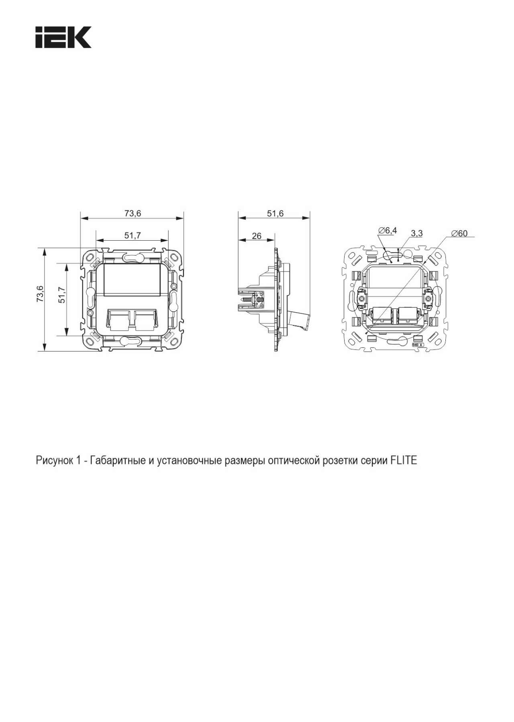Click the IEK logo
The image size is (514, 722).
point(63,37)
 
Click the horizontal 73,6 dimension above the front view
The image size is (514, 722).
point(133,213)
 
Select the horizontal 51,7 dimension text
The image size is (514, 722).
point(133,236)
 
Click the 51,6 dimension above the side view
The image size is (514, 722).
point(275,213)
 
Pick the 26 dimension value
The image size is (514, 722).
point(257,236)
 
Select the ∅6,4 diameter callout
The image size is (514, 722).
point(388,230)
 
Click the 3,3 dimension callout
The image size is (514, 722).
point(417,233)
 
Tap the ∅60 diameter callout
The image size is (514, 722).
point(459,233)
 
